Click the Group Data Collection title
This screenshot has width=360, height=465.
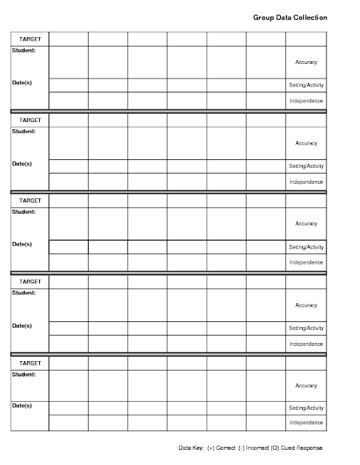pyautogui.click(x=290, y=17)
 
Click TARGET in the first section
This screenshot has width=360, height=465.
pyautogui.click(x=30, y=39)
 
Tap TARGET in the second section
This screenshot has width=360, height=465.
pyautogui.click(x=30, y=119)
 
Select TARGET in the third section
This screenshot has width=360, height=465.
pyautogui.click(x=30, y=200)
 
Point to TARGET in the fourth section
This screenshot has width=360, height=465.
pyautogui.click(x=30, y=280)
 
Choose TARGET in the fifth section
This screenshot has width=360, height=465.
pyautogui.click(x=30, y=361)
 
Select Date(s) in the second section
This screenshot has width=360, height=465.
pyautogui.click(x=23, y=163)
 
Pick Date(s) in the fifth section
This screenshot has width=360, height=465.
pyautogui.click(x=23, y=405)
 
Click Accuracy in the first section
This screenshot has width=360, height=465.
pyautogui.click(x=306, y=62)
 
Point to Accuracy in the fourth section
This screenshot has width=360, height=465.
pyautogui.click(x=306, y=305)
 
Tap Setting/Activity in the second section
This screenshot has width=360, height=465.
pyautogui.click(x=306, y=166)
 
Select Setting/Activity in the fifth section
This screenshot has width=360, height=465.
pyautogui.click(x=306, y=408)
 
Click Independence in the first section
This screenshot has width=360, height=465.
pyautogui.click(x=306, y=100)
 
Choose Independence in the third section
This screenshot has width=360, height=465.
pyautogui.click(x=306, y=262)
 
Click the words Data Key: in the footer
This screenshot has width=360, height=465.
pyautogui.click(x=191, y=448)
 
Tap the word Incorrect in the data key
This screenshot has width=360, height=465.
pyautogui.click(x=255, y=448)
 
